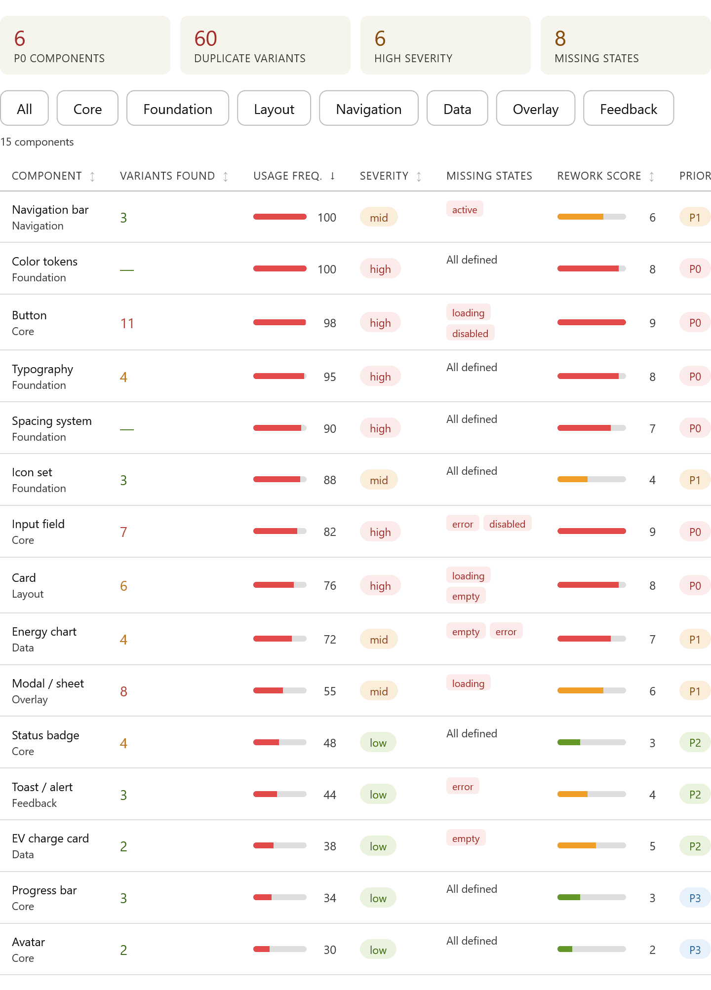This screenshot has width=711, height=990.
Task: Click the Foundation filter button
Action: [178, 109]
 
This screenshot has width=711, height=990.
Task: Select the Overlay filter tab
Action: [536, 109]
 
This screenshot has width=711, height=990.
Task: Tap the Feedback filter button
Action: [629, 109]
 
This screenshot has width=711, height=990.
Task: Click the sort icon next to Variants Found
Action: [226, 176]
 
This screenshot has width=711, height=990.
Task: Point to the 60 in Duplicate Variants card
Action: [206, 38]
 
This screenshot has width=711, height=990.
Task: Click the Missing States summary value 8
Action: [560, 38]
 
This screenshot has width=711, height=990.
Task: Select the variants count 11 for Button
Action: [127, 323]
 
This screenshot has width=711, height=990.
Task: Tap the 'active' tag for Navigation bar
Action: [465, 209]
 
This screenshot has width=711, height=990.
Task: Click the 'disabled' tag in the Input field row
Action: [507, 524]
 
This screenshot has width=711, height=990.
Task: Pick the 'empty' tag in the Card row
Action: [466, 596]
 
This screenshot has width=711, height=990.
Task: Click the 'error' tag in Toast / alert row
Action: [463, 786]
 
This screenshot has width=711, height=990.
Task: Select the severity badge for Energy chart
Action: [379, 639]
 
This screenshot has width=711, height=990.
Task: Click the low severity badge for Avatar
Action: [378, 950]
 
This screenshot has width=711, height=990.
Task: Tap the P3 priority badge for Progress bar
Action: [695, 898]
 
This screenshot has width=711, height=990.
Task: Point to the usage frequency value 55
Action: [330, 691]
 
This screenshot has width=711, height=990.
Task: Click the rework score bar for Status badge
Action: [592, 742]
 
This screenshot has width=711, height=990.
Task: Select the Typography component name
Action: [42, 369]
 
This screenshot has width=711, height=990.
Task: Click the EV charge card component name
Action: [50, 838]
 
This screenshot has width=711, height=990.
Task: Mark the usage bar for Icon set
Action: [280, 479]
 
